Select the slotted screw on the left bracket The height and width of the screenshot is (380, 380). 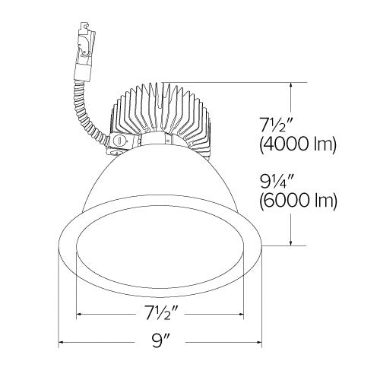click(x=118, y=142)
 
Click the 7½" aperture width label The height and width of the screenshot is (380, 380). click(x=159, y=311)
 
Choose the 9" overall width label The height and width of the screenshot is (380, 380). click(x=159, y=342)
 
